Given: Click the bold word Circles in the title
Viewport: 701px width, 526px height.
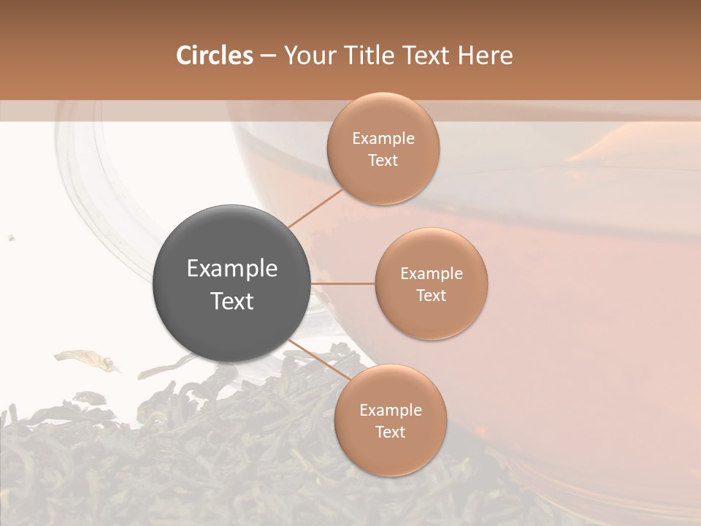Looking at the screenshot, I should pos(214,56).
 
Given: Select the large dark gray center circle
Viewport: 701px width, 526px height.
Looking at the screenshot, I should pos(231,283).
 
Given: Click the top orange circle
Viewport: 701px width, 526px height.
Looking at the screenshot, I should pos(383,148).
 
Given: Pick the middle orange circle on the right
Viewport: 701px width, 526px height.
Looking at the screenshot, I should pos(432,283).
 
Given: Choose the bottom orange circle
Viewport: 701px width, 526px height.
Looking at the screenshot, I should pos(391,420).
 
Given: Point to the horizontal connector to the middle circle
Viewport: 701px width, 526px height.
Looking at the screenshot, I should pos(342,283).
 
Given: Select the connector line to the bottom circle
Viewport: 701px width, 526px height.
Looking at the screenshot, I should pos(320,361).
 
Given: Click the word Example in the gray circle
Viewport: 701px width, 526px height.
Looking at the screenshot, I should pos(231,268).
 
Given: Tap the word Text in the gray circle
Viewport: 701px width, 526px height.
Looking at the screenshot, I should pos(231,300).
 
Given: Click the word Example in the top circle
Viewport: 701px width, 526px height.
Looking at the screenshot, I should pos(383,138).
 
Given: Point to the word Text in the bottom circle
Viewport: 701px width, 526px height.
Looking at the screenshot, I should pos(391,432).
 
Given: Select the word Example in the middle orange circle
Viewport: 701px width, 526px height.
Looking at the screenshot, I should pos(432,273).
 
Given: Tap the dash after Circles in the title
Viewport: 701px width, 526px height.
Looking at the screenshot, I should pos(268,56).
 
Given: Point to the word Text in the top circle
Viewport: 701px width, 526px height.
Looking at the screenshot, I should pos(383,160).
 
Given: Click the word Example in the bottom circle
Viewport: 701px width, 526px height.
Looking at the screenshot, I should pos(391,410).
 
